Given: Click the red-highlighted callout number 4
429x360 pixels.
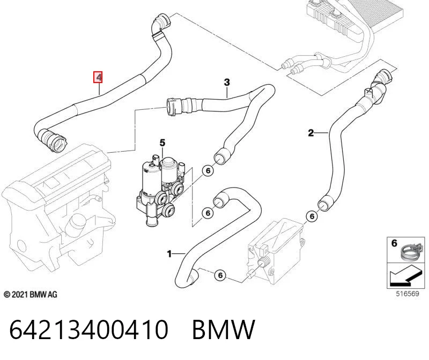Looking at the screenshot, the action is tap(98, 77).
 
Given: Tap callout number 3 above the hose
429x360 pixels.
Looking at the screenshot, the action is tap(227, 82).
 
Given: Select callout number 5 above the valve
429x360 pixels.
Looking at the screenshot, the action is tap(162, 142).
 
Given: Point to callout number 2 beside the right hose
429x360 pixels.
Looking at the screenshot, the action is tap(311, 133).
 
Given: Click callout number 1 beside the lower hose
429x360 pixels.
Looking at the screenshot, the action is tap(169, 254).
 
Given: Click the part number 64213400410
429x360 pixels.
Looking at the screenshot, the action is tap(88, 329).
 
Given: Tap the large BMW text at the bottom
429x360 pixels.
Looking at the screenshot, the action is tap(224, 329).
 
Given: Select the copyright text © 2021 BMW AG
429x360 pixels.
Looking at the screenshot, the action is tap(31, 295).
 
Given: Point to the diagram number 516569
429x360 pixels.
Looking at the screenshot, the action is tap(408, 294).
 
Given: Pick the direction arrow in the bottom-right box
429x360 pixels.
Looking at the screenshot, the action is tap(405, 277).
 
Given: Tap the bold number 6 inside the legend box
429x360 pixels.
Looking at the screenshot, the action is tap(394, 243).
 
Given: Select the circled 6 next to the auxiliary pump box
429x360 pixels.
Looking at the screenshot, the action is tap(220, 275).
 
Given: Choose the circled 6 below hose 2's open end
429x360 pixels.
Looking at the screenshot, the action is tap(312, 216).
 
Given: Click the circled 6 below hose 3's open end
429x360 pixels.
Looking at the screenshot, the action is tap(208, 171).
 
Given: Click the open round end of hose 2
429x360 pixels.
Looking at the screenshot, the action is tap(324, 205).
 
